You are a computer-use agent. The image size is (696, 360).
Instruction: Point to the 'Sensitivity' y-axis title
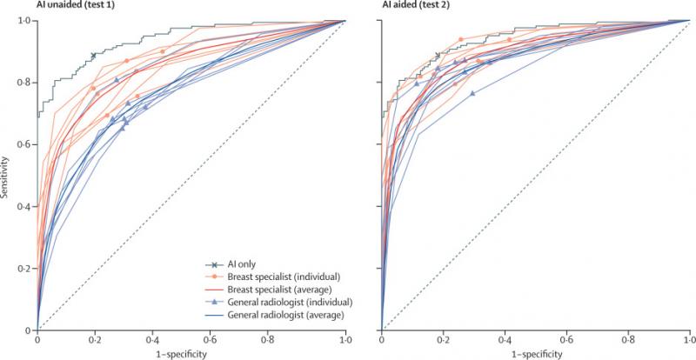7,175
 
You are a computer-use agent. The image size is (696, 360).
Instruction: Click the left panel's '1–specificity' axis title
191,355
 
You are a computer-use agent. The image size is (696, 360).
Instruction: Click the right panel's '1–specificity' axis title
535,355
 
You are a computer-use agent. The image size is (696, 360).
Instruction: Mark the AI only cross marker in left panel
93,56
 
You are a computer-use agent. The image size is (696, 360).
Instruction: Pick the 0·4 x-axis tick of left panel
160,340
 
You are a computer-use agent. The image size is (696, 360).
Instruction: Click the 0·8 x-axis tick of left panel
284,340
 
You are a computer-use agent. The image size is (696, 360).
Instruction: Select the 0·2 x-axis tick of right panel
443,340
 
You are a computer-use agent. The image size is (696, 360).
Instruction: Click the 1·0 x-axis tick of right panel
689,340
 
